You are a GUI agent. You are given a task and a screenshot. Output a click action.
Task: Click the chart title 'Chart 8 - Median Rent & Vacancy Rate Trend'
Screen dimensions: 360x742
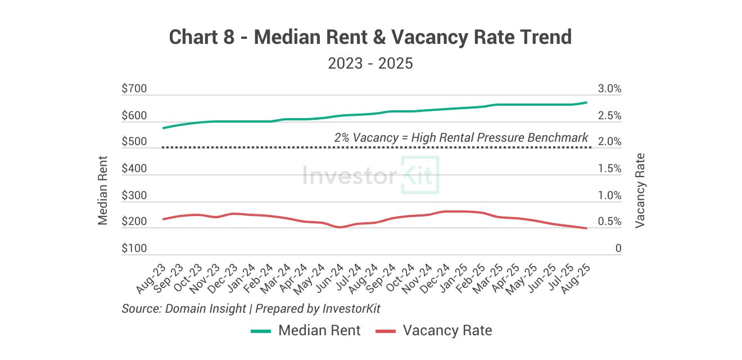(x=370, y=38)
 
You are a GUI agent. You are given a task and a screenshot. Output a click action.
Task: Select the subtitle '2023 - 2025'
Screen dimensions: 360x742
(x=370, y=64)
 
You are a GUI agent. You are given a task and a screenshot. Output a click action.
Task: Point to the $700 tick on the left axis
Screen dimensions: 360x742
(x=134, y=89)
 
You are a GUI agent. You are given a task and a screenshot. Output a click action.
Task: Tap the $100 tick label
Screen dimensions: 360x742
(x=134, y=248)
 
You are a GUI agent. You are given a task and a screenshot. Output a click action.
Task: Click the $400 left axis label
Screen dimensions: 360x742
(x=134, y=169)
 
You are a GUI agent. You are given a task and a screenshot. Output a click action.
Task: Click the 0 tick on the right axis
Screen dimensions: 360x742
(x=618, y=248)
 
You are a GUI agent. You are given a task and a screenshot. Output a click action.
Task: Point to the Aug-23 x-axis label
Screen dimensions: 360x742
(x=151, y=279)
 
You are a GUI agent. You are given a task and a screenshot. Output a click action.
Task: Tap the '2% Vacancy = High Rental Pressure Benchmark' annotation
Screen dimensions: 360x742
(x=461, y=137)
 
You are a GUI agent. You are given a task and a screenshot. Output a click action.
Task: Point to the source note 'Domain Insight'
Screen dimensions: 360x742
(x=206, y=309)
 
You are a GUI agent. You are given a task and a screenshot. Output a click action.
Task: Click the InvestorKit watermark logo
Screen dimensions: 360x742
(x=370, y=175)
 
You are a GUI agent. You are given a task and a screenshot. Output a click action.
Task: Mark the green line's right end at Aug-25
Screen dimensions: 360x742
(x=587, y=102)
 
